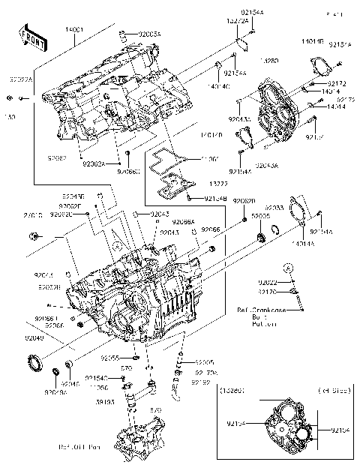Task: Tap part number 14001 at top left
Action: (76, 28)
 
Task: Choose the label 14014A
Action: (303, 244)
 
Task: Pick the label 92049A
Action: (55, 392)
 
